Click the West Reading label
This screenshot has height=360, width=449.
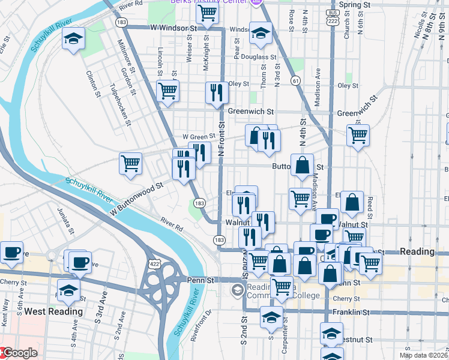[53, 311]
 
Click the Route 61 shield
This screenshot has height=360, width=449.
[296, 80]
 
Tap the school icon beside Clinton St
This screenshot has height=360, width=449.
[74, 40]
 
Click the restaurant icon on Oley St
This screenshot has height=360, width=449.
[217, 92]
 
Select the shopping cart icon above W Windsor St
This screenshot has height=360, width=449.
[206, 13]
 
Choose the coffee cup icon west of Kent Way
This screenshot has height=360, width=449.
[11, 253]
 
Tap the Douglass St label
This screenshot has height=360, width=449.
[259, 58]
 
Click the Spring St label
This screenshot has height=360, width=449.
[354, 5]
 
